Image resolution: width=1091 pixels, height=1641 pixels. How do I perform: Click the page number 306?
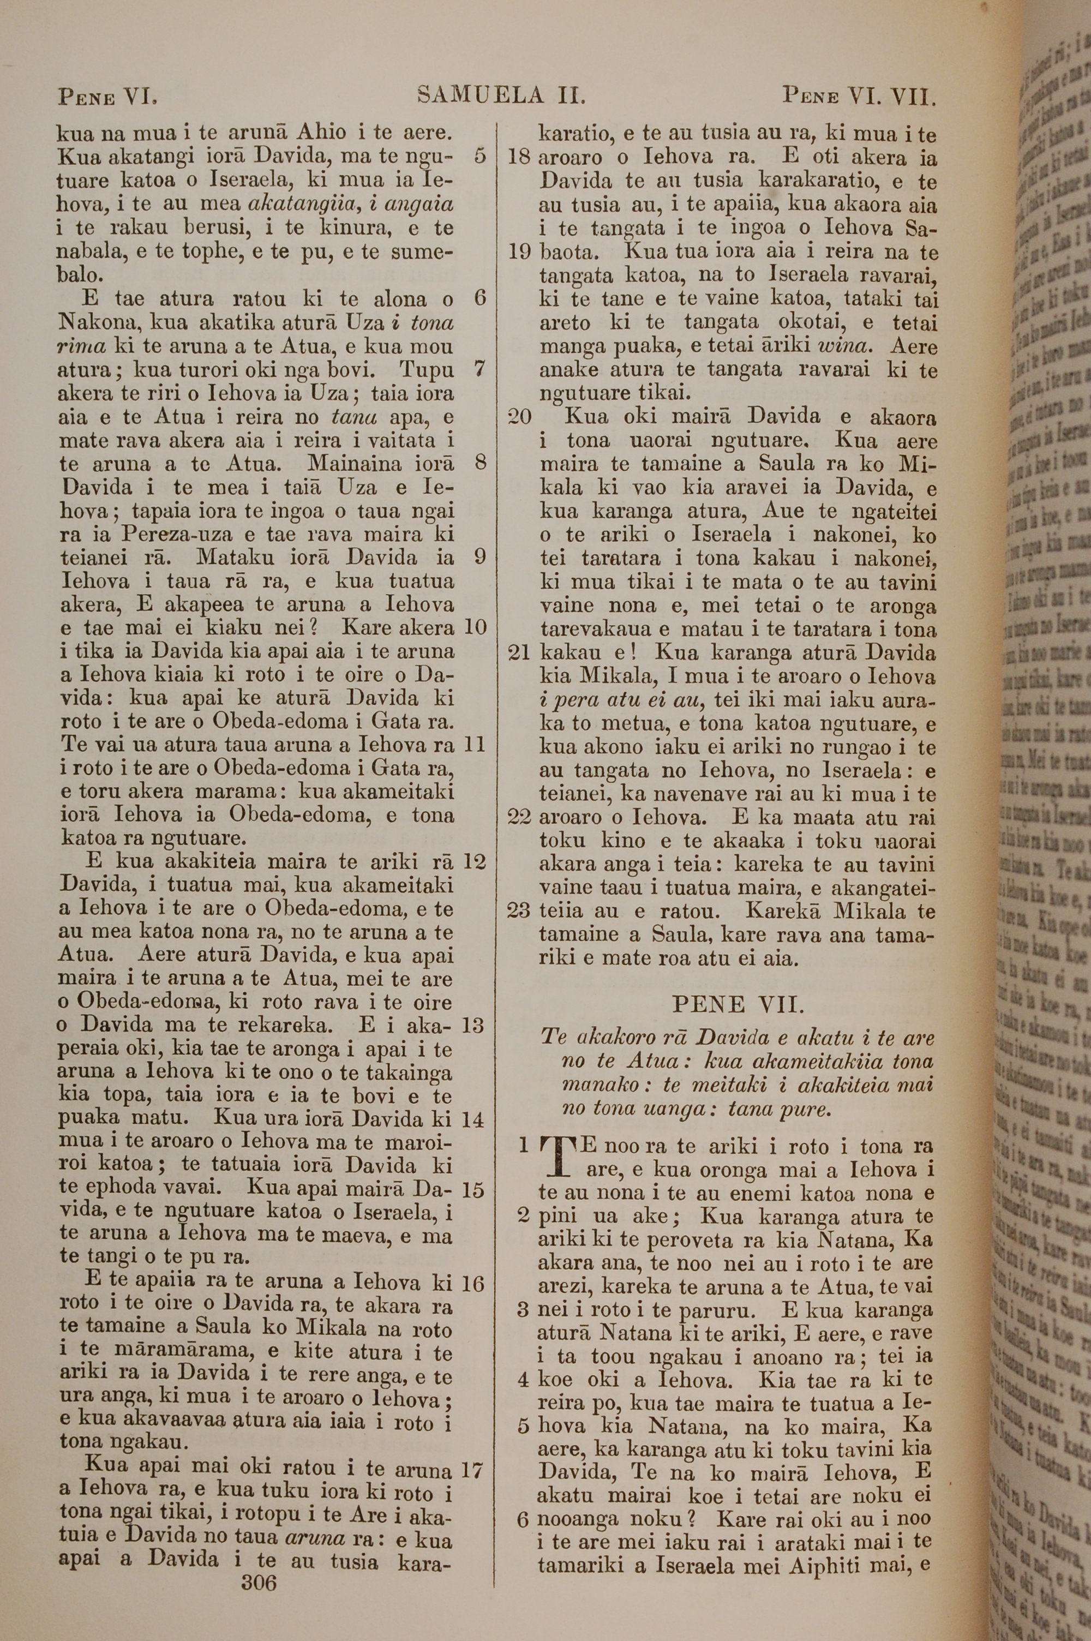258,1562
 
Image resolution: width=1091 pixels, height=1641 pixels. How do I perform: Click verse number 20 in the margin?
520,417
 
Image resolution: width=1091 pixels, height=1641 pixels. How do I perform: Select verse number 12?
473,862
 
